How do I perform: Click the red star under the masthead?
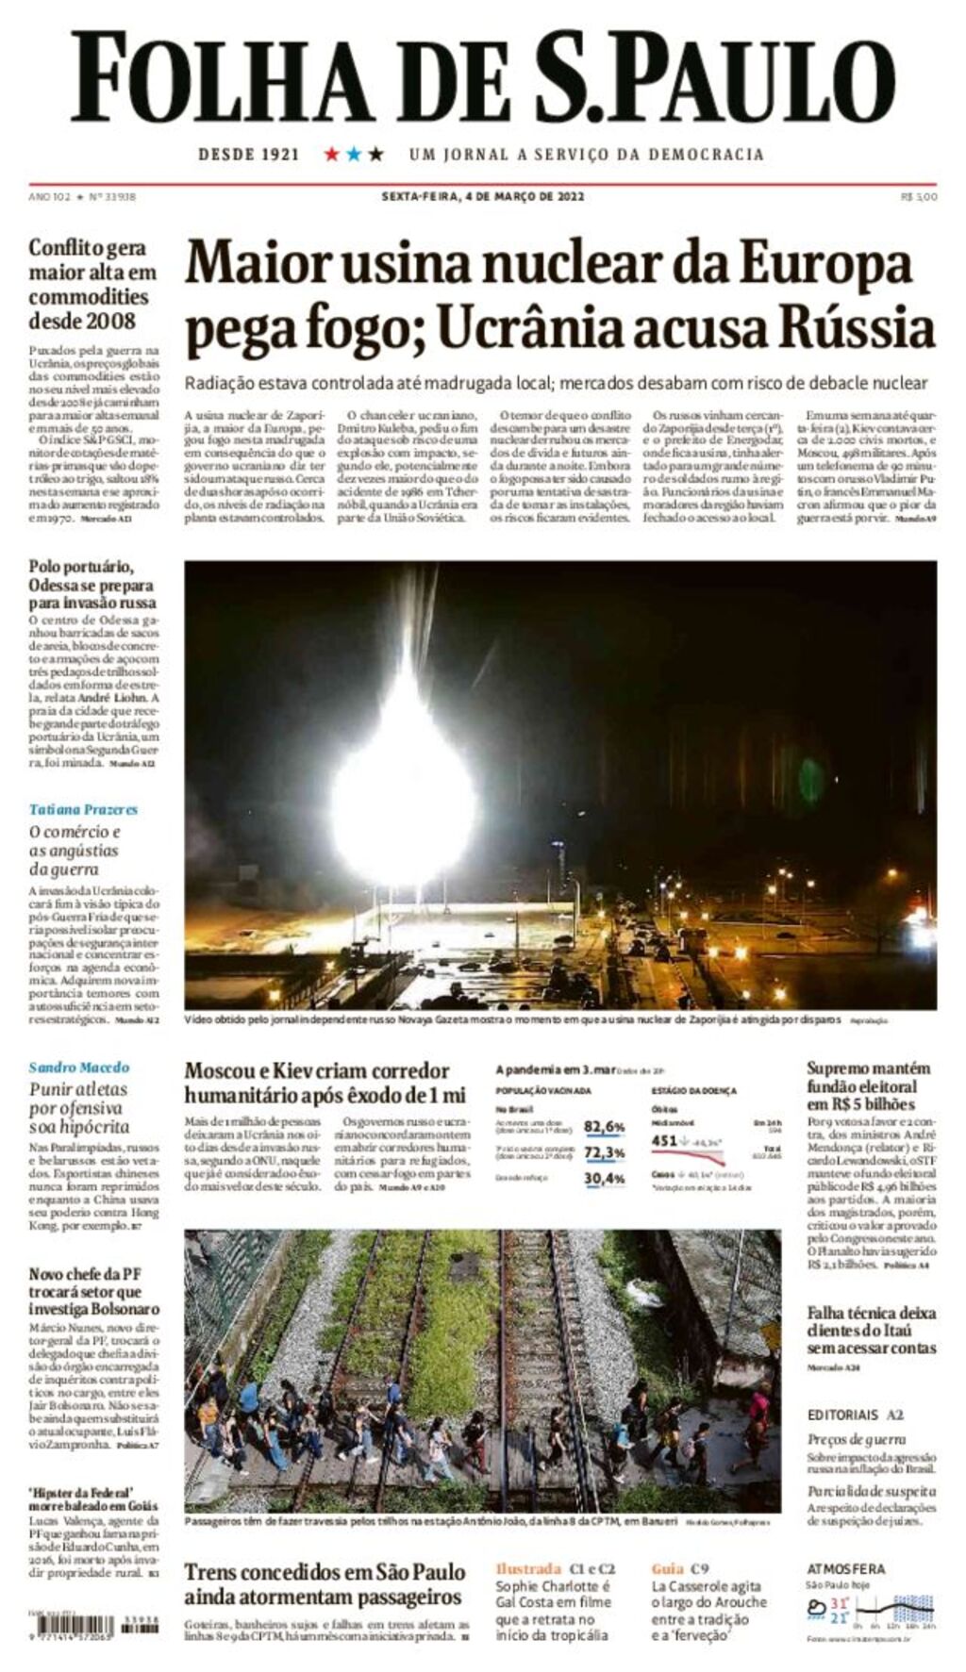tap(331, 154)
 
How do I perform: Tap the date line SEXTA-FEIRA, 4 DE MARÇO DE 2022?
tap(482, 196)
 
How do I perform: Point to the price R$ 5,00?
tap(919, 196)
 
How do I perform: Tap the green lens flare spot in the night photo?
tap(810, 780)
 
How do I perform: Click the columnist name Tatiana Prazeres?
tap(83, 809)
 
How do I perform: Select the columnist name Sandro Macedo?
tap(79, 1067)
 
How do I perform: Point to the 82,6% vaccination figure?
tap(604, 1126)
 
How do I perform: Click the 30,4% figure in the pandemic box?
tap(604, 1179)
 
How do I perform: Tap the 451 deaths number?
tap(664, 1140)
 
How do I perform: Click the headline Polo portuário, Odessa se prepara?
tap(92, 584)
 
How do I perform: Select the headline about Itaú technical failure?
tap(871, 1330)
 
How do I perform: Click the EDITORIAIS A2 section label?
tap(855, 1415)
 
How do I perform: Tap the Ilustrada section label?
tap(528, 1568)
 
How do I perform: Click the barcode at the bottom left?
tap(71, 1626)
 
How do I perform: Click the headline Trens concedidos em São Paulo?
tap(325, 1584)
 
